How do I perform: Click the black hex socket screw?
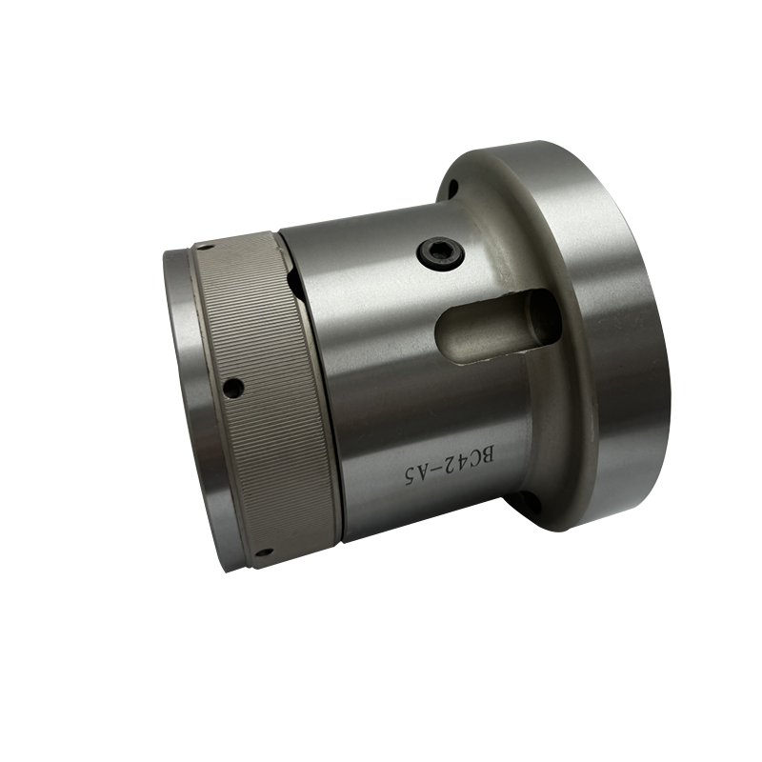[441, 253]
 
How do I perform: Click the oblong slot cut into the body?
[499, 326]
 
